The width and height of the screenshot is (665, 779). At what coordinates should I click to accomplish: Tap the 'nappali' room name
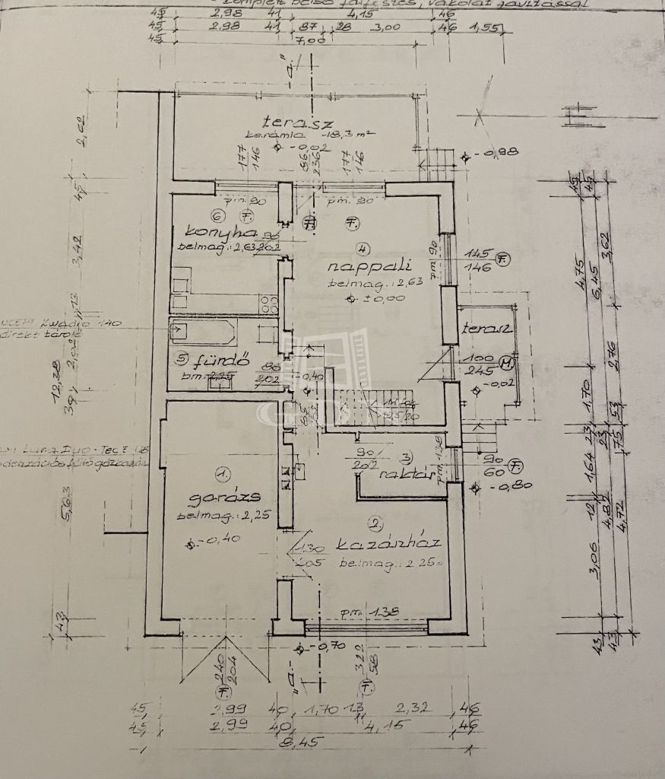[370, 266]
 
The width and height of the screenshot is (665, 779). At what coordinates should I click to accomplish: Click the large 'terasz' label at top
[290, 120]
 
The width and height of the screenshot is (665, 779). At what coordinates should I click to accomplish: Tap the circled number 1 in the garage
[222, 475]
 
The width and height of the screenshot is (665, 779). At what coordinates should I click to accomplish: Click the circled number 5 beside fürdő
[180, 356]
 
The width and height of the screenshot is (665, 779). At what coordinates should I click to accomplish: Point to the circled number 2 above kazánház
[375, 523]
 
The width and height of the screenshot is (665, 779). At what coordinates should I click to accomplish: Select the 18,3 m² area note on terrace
[346, 134]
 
